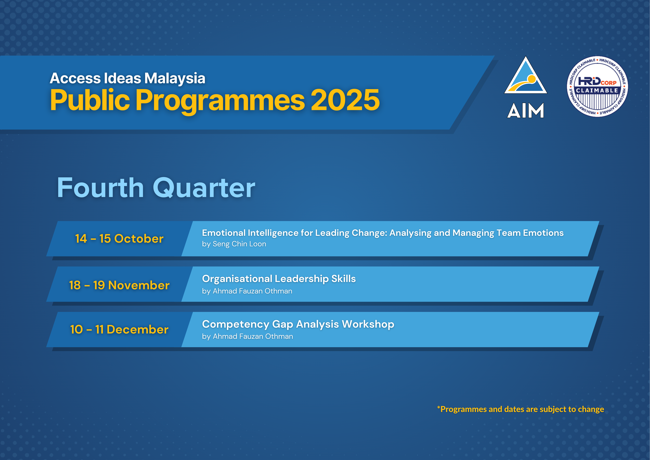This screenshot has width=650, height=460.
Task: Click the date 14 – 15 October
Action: click(x=119, y=239)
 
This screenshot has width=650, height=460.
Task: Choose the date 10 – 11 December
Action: click(x=119, y=329)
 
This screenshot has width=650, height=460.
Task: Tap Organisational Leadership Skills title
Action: click(x=279, y=279)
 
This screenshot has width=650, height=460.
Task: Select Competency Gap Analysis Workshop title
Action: click(x=298, y=324)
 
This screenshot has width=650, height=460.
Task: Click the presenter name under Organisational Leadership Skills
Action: click(x=252, y=291)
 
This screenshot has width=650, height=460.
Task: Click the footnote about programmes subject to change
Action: click(x=520, y=409)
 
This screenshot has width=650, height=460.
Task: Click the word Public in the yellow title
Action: click(x=90, y=100)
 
